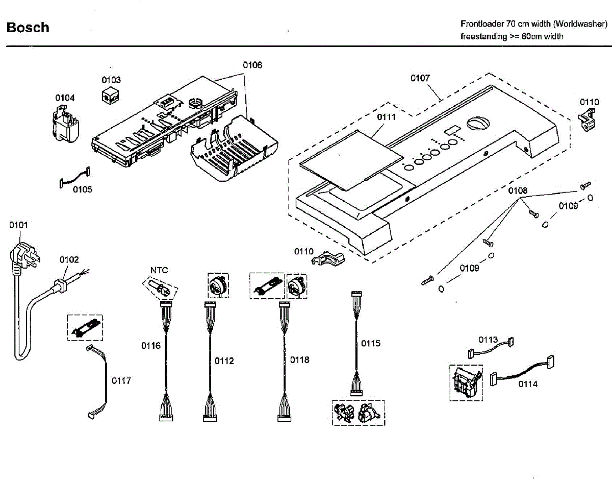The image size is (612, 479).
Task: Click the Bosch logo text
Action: click(x=28, y=28)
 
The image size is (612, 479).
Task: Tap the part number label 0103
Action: click(x=111, y=80)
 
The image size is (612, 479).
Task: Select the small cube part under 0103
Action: click(x=110, y=95)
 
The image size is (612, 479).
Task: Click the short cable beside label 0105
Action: click(x=74, y=177)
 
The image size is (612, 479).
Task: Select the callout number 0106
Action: click(x=252, y=65)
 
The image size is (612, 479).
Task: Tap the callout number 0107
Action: click(x=420, y=78)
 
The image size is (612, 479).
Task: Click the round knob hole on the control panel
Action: click(x=478, y=123)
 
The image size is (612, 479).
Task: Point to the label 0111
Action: click(x=387, y=117)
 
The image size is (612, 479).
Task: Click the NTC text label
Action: click(x=159, y=270)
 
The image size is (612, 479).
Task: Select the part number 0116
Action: click(x=151, y=346)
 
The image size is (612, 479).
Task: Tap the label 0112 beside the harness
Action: click(x=224, y=361)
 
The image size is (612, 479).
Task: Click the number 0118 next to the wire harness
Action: click(x=300, y=360)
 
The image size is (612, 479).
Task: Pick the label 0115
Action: click(x=371, y=343)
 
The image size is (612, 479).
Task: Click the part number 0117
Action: click(x=121, y=381)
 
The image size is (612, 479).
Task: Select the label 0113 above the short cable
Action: click(x=488, y=340)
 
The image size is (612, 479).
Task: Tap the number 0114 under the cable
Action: click(x=528, y=384)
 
